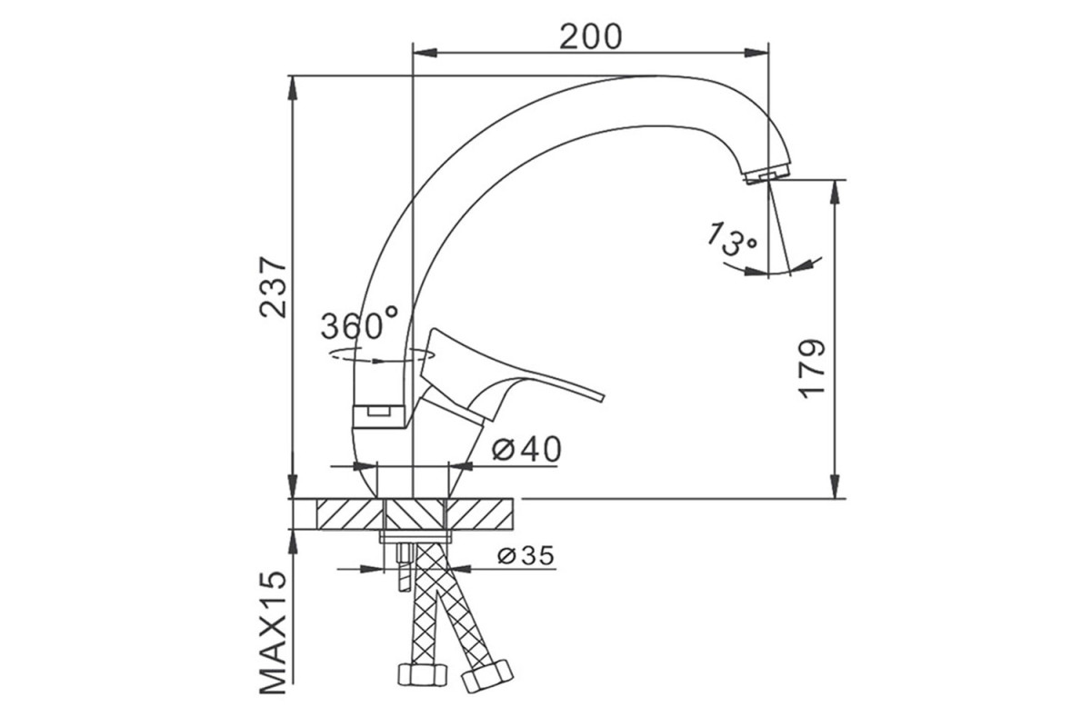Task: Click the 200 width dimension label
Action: (x=591, y=37)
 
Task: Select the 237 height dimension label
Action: (x=274, y=287)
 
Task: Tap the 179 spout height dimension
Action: (x=812, y=369)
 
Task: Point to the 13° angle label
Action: (x=731, y=239)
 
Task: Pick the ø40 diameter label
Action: (x=526, y=449)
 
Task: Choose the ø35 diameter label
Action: (x=526, y=555)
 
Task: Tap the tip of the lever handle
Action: (x=603, y=396)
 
